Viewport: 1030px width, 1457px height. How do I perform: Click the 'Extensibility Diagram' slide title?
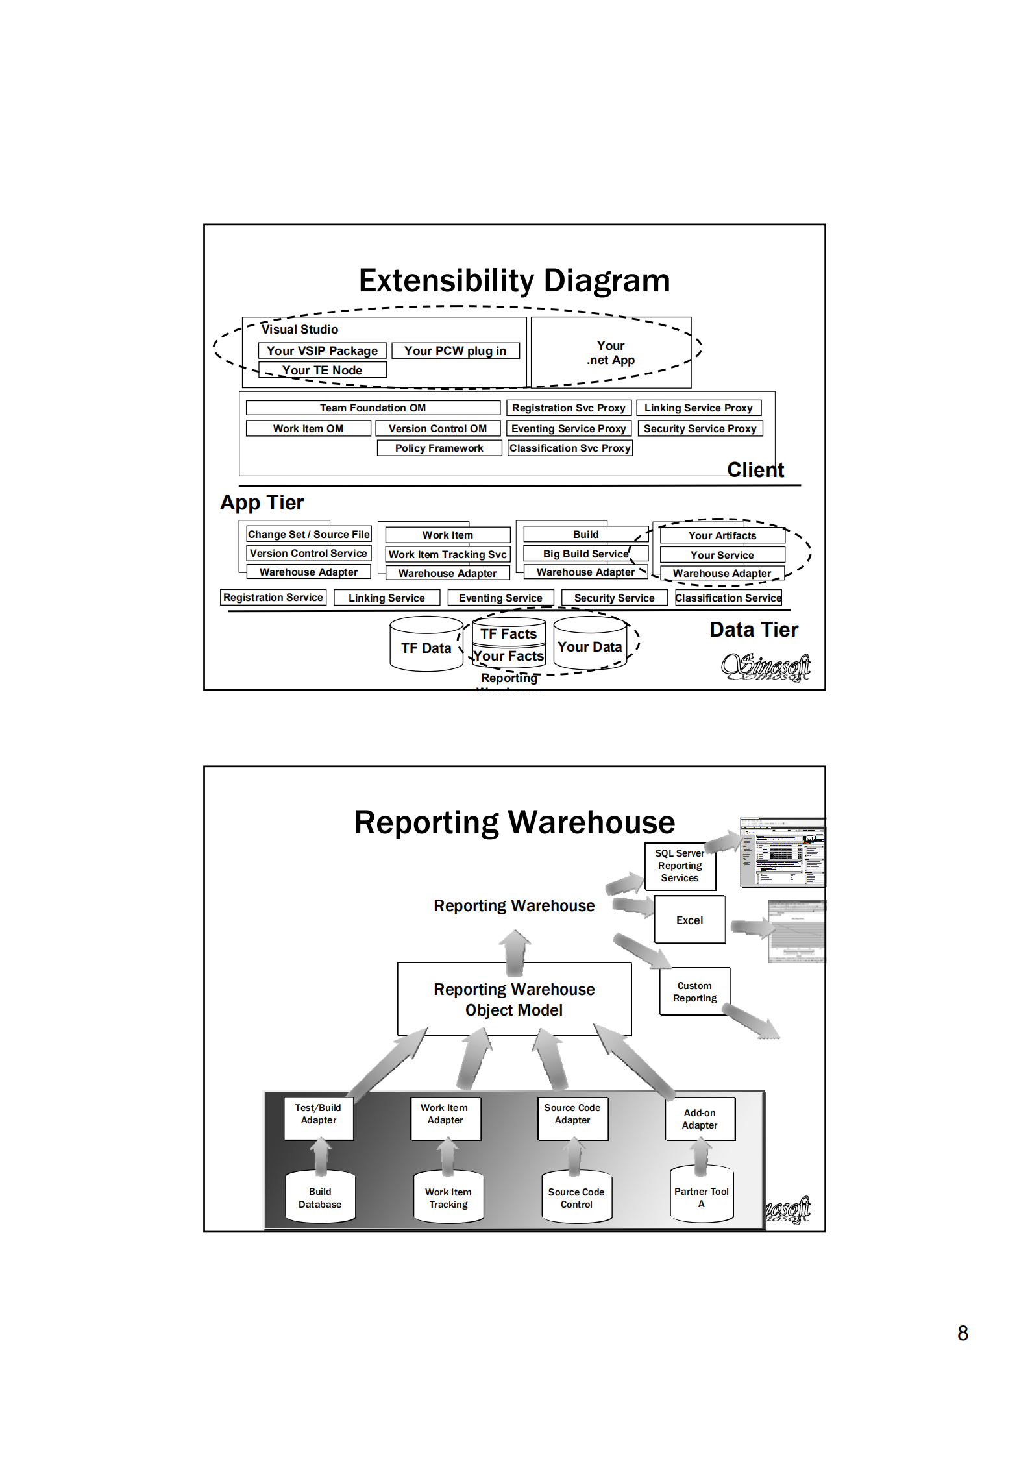click(x=514, y=281)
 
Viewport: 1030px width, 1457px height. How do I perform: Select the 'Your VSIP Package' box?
click(x=322, y=350)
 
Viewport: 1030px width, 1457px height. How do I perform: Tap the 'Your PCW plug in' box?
click(x=455, y=350)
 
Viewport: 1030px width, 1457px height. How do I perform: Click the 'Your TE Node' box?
click(x=322, y=370)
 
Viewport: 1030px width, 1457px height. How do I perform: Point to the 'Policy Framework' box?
click(x=439, y=448)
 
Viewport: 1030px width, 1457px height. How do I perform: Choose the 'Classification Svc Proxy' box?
click(x=569, y=448)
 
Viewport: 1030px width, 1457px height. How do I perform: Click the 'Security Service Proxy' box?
click(x=699, y=428)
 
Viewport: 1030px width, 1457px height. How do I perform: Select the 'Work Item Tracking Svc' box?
click(x=447, y=554)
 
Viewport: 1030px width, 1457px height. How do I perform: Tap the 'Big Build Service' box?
click(x=585, y=554)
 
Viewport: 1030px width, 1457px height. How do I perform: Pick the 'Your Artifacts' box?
click(x=722, y=535)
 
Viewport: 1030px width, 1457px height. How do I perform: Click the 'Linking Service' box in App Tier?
click(x=386, y=598)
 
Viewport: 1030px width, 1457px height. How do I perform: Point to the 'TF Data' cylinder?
click(x=426, y=647)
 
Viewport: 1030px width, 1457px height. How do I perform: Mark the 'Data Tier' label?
click(x=754, y=630)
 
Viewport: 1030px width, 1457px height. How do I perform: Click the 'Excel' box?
click(x=689, y=920)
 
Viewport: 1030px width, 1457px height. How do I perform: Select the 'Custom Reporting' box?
click(x=694, y=992)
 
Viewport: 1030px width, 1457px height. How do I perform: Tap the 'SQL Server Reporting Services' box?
click(x=680, y=866)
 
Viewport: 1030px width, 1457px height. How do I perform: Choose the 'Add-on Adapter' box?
click(x=700, y=1119)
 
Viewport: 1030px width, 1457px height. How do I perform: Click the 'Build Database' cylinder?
click(x=320, y=1198)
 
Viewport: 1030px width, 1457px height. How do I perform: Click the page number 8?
click(x=963, y=1333)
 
